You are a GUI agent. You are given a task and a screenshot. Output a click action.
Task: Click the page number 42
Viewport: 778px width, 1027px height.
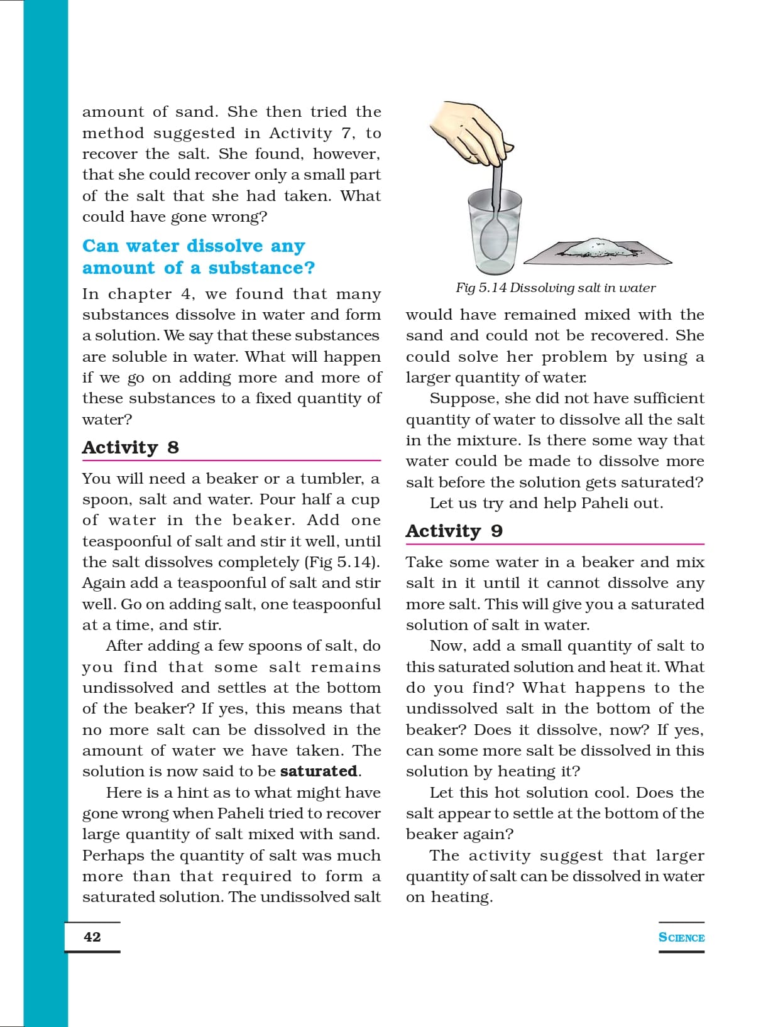(x=92, y=937)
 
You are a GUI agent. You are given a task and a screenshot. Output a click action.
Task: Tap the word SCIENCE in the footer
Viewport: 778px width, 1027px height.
(x=681, y=937)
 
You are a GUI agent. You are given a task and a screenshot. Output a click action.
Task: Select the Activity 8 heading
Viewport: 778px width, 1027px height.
(x=130, y=447)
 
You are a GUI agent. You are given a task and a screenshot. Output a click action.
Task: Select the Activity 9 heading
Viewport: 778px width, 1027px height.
(x=454, y=531)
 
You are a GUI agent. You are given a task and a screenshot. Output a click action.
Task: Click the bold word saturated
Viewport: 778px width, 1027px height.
(x=319, y=771)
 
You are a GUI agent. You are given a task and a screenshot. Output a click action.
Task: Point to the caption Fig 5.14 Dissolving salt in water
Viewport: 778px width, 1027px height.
(x=556, y=288)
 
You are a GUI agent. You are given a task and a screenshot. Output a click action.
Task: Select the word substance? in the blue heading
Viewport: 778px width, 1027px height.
(x=261, y=268)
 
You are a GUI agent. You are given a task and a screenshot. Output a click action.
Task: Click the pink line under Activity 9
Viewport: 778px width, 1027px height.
(x=555, y=544)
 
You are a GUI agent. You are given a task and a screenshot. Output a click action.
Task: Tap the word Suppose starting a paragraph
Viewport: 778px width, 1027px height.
(x=457, y=399)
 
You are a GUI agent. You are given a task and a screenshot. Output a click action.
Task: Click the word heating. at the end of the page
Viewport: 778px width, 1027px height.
(x=461, y=898)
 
